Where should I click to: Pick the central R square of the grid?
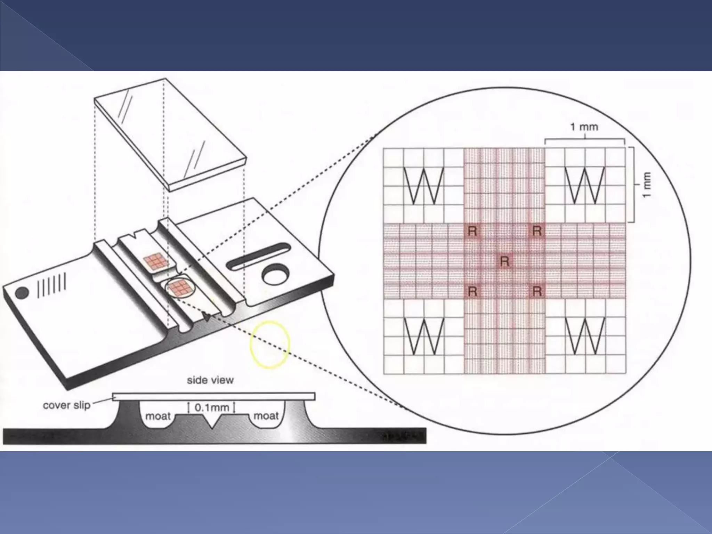point(504,261)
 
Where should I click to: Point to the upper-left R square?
point(472,231)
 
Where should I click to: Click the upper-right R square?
point(537,231)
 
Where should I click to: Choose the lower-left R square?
point(472,291)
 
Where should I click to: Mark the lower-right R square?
point(537,291)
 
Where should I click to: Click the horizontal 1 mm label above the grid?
point(584,127)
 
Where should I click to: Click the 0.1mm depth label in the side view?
point(211,407)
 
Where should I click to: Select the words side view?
point(210,380)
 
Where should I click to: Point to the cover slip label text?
point(66,405)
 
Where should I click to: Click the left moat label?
point(158,416)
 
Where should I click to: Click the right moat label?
point(266,416)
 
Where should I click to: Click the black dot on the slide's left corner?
point(22,293)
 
